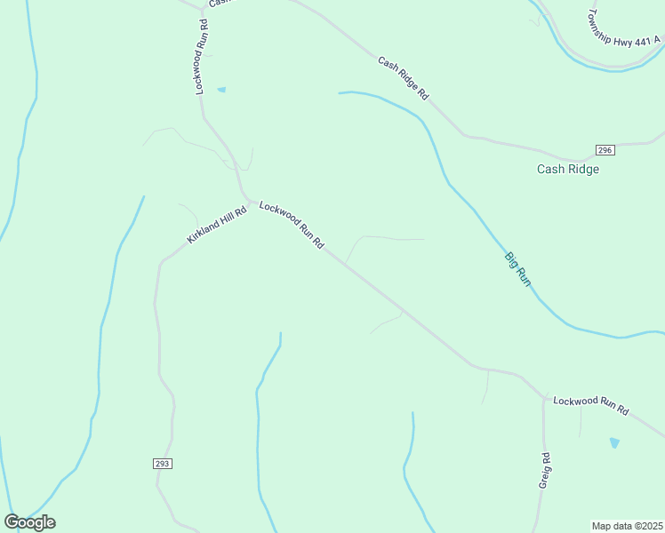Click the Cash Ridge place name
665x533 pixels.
(x=567, y=169)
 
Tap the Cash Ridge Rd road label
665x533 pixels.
(x=403, y=79)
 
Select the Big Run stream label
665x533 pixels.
(x=517, y=269)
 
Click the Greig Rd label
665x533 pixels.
(x=547, y=470)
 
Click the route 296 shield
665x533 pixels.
(x=605, y=149)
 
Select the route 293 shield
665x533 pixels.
(x=161, y=464)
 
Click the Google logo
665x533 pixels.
(x=29, y=522)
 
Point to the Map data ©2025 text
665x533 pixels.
(x=627, y=525)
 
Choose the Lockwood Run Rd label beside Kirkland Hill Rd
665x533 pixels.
(x=291, y=225)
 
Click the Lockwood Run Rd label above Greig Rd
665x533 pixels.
(x=590, y=407)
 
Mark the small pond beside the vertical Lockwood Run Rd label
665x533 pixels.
(x=221, y=89)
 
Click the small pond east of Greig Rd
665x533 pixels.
(x=613, y=442)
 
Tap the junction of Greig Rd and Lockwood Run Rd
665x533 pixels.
(x=544, y=399)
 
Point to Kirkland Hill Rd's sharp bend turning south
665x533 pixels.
(x=161, y=262)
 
